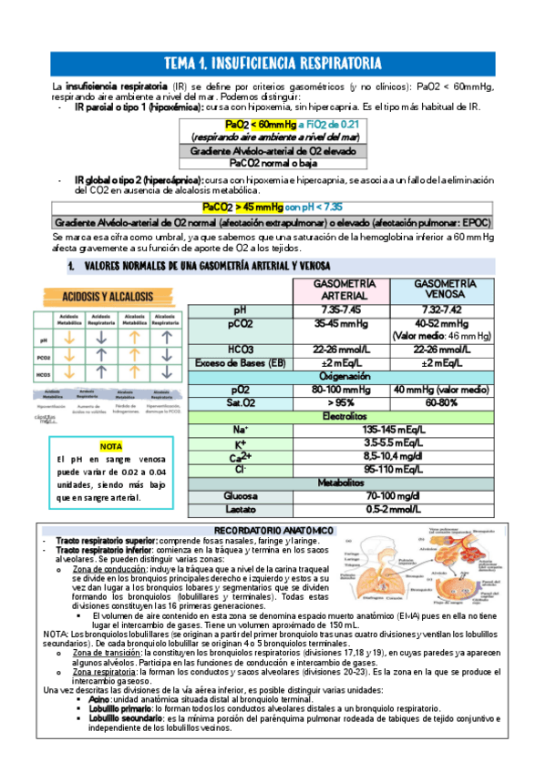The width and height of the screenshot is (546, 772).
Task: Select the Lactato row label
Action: pos(240,510)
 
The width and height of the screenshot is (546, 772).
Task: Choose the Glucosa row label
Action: pos(240,496)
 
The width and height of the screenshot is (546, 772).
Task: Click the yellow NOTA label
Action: pos(110,447)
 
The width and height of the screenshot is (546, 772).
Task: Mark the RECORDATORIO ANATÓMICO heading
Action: pos(273,530)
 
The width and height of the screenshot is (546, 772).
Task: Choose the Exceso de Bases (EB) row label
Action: pos(240,362)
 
